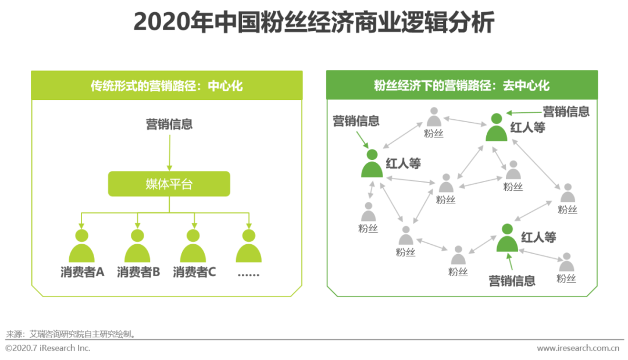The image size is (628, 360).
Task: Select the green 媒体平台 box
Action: point(169,184)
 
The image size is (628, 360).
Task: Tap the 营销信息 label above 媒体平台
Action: point(169,124)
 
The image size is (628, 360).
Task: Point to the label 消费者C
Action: point(194,272)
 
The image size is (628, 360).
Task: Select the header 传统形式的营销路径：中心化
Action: point(167,86)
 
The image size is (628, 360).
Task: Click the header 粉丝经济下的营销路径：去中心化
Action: point(462,86)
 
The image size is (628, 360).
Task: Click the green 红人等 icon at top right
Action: point(496,127)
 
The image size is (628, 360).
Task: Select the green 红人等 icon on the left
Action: point(372,163)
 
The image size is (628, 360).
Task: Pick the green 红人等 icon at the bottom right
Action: point(507,238)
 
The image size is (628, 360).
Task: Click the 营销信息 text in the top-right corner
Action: point(566,111)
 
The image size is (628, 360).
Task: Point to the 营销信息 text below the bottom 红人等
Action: point(512,281)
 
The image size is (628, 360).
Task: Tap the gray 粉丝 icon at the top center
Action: point(434,117)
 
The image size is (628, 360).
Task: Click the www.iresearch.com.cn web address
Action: point(577,348)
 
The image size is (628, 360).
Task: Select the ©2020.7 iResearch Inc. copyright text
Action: point(48,348)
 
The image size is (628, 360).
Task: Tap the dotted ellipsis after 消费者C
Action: point(249,273)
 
